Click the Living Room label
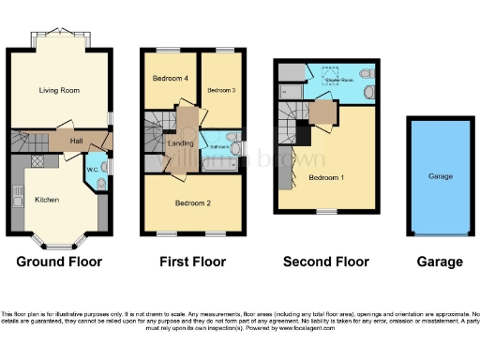tap(58, 91)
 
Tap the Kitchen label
tap(47, 200)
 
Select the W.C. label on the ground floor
tap(93, 170)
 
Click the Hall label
tap(78, 140)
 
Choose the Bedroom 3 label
tap(219, 90)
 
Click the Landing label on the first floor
tap(179, 142)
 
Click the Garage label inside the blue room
tap(440, 176)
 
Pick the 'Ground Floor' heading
tap(59, 262)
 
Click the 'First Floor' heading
tap(193, 262)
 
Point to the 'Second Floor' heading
tap(326, 262)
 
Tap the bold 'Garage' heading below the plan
tap(440, 262)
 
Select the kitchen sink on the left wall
tap(18, 198)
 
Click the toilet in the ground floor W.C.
tap(101, 184)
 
